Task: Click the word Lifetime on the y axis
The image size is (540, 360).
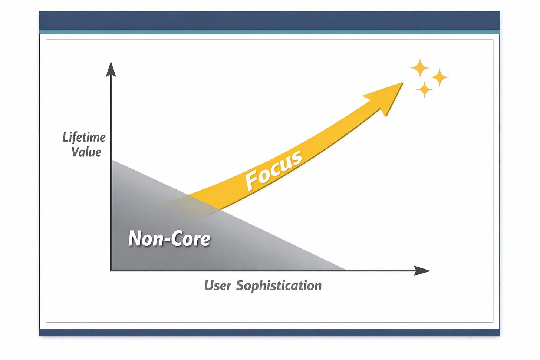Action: [x=84, y=137]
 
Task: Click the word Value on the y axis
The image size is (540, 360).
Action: [x=86, y=152]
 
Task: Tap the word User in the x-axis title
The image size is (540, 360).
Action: [x=218, y=285]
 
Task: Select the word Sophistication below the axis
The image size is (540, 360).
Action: [x=279, y=285]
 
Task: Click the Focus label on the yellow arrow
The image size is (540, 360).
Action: [x=274, y=170]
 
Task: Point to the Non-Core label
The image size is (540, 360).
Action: [x=169, y=238]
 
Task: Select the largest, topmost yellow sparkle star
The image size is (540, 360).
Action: [x=419, y=68]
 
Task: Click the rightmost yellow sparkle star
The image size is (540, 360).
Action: [x=439, y=77]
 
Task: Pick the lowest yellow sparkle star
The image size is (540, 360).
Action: [x=424, y=89]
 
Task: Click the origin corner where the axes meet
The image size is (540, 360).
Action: [x=111, y=270]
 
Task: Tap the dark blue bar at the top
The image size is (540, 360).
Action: [x=270, y=20]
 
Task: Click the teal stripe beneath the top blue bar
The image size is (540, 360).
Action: [x=270, y=32]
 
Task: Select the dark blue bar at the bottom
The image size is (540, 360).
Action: [x=270, y=333]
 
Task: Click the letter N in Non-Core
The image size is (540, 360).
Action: [x=135, y=238]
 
